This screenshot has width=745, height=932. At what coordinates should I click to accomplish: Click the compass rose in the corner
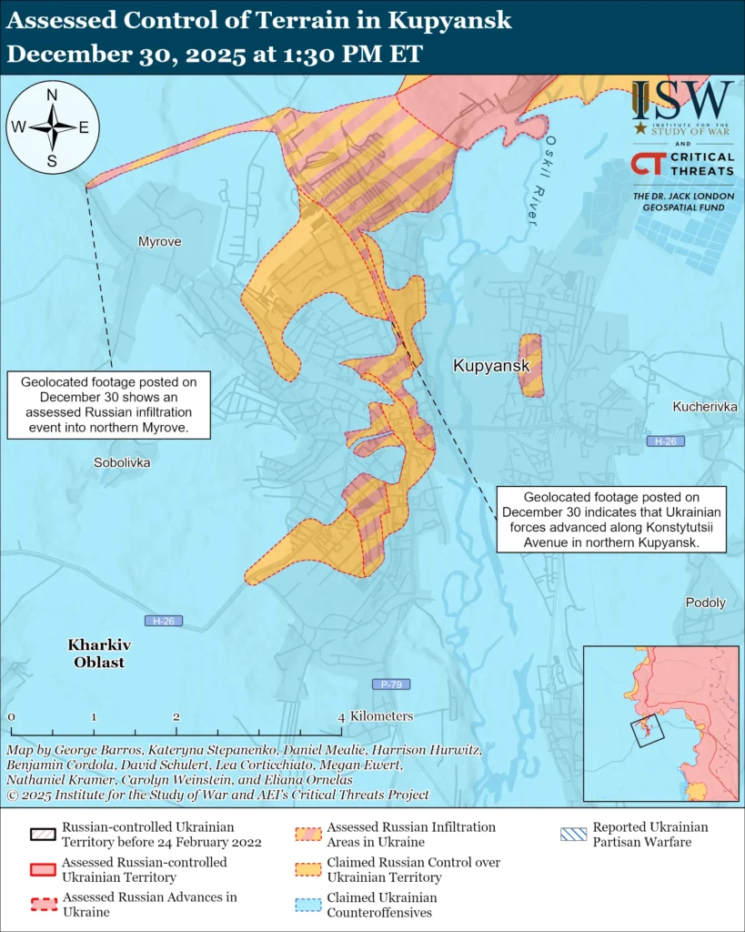coord(53,127)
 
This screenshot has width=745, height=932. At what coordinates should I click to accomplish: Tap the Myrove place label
coord(159,242)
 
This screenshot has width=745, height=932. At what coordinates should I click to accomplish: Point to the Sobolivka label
coord(122,462)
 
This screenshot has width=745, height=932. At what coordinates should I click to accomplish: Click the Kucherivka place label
coord(705,406)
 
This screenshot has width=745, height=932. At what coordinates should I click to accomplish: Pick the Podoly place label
coord(705,603)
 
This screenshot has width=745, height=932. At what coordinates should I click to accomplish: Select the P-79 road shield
coord(391,684)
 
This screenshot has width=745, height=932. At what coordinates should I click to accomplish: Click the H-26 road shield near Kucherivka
coord(665,441)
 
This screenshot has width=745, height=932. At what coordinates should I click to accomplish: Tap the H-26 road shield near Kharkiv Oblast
coord(164,621)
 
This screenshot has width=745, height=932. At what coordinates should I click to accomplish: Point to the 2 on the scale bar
coord(176,717)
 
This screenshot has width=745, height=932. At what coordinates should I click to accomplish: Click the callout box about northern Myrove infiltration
coord(109,404)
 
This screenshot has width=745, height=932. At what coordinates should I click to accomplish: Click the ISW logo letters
coord(682,99)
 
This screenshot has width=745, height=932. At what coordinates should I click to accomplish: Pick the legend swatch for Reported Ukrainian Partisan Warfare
coord(573,835)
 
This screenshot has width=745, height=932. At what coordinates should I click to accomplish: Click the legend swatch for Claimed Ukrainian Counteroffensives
coord(307,905)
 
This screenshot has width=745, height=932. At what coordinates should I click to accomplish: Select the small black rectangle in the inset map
coord(647,728)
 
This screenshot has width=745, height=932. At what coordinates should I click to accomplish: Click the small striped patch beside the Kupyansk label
coord(530,365)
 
